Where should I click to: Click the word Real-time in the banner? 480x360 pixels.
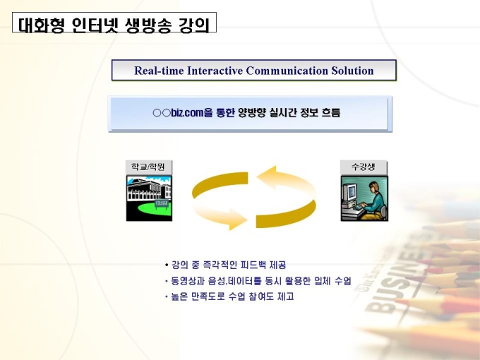click(159, 71)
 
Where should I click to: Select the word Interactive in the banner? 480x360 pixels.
click(215, 71)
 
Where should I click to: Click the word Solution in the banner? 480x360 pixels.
click(352, 71)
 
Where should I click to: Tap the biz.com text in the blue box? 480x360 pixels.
click(187, 113)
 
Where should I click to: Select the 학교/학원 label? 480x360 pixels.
click(148, 167)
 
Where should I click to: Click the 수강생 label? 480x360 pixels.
click(364, 167)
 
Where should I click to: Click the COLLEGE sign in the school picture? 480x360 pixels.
click(162, 203)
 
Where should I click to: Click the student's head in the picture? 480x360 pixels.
click(374, 186)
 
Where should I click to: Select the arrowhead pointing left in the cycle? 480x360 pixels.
click(265, 176)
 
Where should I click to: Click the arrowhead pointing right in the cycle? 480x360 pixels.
click(238, 220)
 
